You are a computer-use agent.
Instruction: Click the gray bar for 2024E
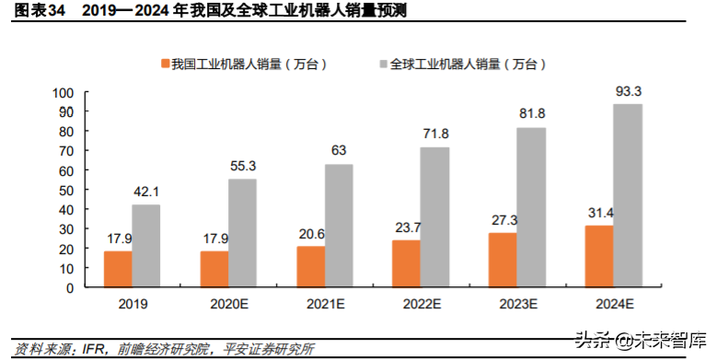(x=628, y=195)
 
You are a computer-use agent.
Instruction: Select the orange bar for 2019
(x=118, y=269)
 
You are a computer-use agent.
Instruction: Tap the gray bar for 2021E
(x=339, y=226)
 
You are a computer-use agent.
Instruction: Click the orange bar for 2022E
(x=406, y=263)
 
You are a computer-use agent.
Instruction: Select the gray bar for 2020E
(x=242, y=233)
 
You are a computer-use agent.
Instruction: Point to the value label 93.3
(x=628, y=91)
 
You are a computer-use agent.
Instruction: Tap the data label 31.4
(x=599, y=213)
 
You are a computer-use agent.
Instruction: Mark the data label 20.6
(x=310, y=234)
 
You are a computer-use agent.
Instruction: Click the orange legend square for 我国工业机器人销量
(x=166, y=64)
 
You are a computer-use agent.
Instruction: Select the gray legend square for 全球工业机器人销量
(x=384, y=64)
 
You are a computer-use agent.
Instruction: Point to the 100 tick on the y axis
(x=63, y=93)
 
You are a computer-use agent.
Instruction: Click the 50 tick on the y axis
(x=65, y=191)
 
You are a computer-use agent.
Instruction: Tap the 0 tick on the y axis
(x=69, y=287)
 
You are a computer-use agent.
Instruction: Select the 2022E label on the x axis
(x=421, y=303)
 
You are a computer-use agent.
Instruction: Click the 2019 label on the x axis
(x=133, y=303)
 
